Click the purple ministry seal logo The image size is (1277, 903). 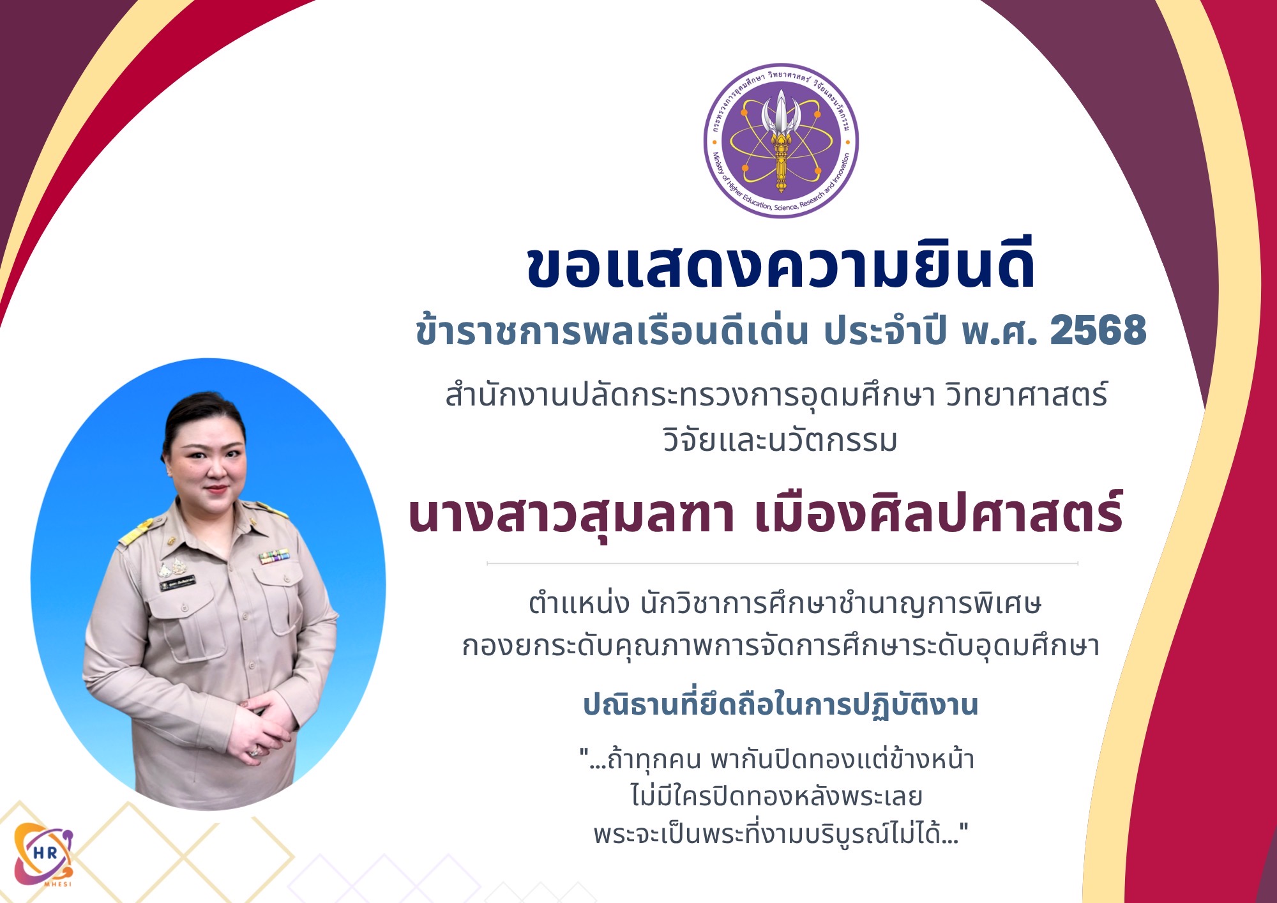click(x=781, y=140)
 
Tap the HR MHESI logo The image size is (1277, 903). click(x=43, y=854)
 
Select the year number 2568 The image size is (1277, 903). click(x=1098, y=331)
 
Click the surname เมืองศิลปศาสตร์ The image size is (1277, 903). click(x=939, y=514)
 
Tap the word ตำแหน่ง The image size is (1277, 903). click(x=579, y=603)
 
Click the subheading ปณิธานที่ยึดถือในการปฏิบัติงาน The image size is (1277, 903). click(x=780, y=705)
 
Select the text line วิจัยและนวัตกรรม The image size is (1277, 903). click(x=780, y=441)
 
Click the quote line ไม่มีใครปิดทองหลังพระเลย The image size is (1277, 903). click(x=776, y=796)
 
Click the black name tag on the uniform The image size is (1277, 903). click(x=178, y=583)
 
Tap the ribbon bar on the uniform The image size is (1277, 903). click(x=274, y=557)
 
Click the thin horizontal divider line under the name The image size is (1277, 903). click(x=782, y=564)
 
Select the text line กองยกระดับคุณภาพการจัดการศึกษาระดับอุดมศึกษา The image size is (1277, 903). click(x=780, y=646)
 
